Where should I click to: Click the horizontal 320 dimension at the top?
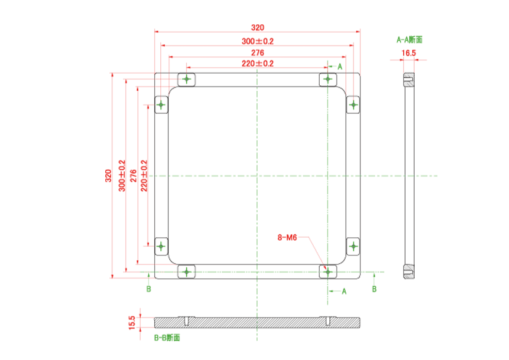pyautogui.click(x=258, y=28)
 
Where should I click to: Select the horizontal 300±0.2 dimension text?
pyautogui.click(x=258, y=41)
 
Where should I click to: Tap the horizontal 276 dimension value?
pyautogui.click(x=258, y=53)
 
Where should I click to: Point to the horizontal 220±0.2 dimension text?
pyautogui.click(x=258, y=64)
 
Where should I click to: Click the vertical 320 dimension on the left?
pyautogui.click(x=108, y=176)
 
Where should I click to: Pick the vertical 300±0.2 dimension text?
pyautogui.click(x=122, y=176)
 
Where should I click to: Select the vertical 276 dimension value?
pyautogui.click(x=133, y=176)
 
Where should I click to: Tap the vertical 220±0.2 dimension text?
pyautogui.click(x=144, y=176)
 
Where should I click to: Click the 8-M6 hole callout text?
pyautogui.click(x=287, y=238)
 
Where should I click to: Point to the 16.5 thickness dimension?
pyautogui.click(x=409, y=53)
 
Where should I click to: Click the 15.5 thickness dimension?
pyautogui.click(x=132, y=322)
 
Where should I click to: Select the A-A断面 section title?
pyautogui.click(x=409, y=40)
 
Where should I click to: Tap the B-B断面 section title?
pyautogui.click(x=167, y=338)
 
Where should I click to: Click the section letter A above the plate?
pyautogui.click(x=340, y=67)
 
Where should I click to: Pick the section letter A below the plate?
pyautogui.click(x=344, y=292)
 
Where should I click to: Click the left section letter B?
pyautogui.click(x=149, y=289)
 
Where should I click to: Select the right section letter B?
pyautogui.click(x=374, y=289)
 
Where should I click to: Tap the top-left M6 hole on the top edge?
pyautogui.click(x=186, y=79)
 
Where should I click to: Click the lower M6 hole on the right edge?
pyautogui.click(x=353, y=246)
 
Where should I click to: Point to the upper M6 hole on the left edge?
pyautogui.click(x=161, y=105)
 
